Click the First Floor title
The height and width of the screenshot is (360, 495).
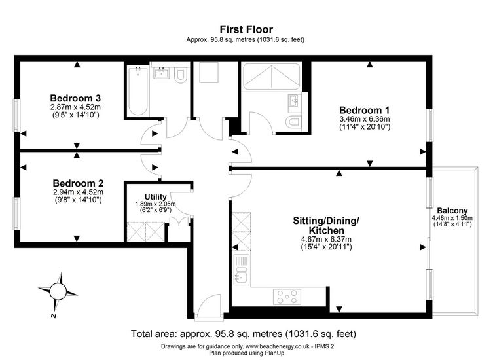pyautogui.click(x=246, y=29)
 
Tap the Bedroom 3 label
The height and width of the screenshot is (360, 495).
pyautogui.click(x=75, y=98)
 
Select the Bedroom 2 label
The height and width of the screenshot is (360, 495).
pyautogui.click(x=78, y=183)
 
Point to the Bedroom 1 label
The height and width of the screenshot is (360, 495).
pyautogui.click(x=364, y=110)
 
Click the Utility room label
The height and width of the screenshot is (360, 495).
pyautogui.click(x=155, y=197)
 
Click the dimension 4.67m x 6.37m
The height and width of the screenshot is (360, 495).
pyautogui.click(x=327, y=240)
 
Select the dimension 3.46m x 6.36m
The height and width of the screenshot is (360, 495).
pyautogui.click(x=364, y=119)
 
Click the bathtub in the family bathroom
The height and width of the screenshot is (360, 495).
pyautogui.click(x=138, y=91)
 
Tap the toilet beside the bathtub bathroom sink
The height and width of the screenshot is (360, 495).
pyautogui.click(x=181, y=75)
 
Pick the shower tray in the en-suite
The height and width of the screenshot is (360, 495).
pyautogui.click(x=271, y=76)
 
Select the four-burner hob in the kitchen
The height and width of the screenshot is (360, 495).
pyautogui.click(x=287, y=297)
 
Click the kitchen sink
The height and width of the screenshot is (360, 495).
pyautogui.click(x=242, y=270)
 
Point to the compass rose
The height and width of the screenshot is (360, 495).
pyautogui.click(x=58, y=291)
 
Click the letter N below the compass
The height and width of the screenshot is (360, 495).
pyautogui.click(x=53, y=316)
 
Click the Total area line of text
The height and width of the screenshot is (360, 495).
pyautogui.click(x=244, y=334)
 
